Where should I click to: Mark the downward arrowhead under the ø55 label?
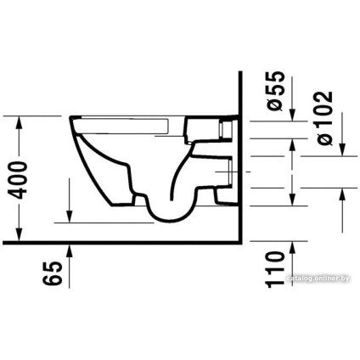coord(293,116)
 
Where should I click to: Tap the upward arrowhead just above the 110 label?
coord(293,247)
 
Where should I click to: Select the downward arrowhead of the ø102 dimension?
coord(344,152)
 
